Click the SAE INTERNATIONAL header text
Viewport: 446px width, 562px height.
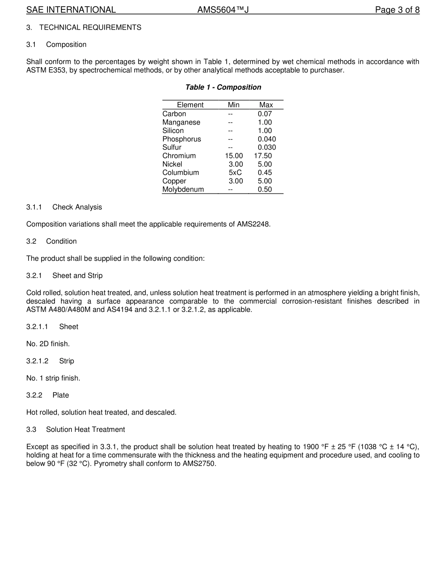71,10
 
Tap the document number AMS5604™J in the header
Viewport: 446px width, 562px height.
223,10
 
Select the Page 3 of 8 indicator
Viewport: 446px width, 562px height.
397,10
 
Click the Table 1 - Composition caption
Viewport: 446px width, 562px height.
223,87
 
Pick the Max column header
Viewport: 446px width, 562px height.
266,105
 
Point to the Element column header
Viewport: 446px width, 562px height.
190,105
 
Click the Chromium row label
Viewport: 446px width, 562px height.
179,156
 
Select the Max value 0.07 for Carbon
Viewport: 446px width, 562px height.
265,114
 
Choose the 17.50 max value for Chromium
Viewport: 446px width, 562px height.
263,156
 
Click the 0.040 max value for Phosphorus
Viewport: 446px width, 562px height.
267,139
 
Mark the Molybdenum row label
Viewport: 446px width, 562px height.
183,190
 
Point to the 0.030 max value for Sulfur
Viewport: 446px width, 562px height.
267,148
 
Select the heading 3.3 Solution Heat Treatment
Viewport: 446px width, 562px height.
85,429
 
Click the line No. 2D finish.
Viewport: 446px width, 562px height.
48,344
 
